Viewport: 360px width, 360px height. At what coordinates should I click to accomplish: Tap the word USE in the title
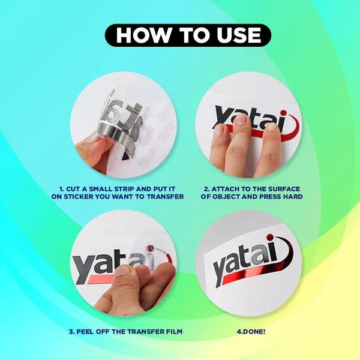click(x=239, y=35)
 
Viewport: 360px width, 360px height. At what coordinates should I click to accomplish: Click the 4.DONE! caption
click(x=251, y=332)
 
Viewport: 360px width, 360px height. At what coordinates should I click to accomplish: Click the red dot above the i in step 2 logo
click(x=284, y=113)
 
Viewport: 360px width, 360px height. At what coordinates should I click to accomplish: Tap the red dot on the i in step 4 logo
click(x=270, y=238)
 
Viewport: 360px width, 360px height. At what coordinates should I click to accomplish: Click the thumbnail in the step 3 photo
click(x=123, y=271)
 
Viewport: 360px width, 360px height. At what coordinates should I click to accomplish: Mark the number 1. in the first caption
click(x=61, y=189)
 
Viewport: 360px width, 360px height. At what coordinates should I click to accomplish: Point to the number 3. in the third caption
click(x=71, y=332)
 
